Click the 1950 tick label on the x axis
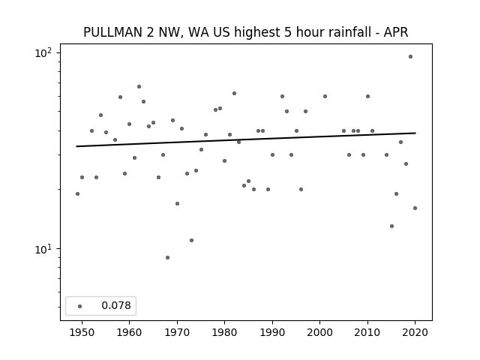tap(82, 332)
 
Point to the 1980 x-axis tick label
tap(224, 332)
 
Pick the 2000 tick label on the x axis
tap(320, 332)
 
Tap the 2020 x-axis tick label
tap(415, 332)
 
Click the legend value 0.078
tap(116, 305)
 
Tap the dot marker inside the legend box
tap(80, 306)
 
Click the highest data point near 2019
tap(410, 57)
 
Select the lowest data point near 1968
tap(167, 258)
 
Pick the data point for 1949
tap(77, 193)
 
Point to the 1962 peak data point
tap(139, 87)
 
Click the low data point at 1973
tap(192, 240)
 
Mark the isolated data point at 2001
tap(325, 97)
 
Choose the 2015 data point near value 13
tap(391, 226)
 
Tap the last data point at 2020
tap(415, 208)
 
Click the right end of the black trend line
tap(415, 133)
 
